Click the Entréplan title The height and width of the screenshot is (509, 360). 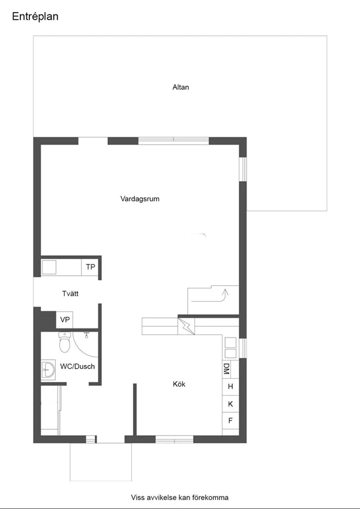point(35,17)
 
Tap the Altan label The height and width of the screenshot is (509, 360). point(181,87)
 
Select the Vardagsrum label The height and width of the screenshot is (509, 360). point(140,198)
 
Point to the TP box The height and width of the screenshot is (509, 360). point(90,267)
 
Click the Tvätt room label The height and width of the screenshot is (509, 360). point(70,293)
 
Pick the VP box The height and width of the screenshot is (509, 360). point(65,320)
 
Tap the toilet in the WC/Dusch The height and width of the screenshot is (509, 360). point(65,342)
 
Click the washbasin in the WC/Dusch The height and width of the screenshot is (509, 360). point(48,370)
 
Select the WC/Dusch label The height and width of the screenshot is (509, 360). point(77,366)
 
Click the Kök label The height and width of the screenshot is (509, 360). point(179,384)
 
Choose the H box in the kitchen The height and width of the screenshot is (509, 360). point(230,387)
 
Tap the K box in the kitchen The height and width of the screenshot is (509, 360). point(230,404)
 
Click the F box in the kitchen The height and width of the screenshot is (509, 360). point(230,421)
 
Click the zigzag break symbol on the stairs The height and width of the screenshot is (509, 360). point(186,326)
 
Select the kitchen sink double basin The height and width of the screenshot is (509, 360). point(230,348)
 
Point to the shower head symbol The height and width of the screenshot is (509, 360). point(86,335)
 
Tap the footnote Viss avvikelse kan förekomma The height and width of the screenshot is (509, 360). point(179,498)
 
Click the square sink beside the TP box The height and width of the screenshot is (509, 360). point(49,267)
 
